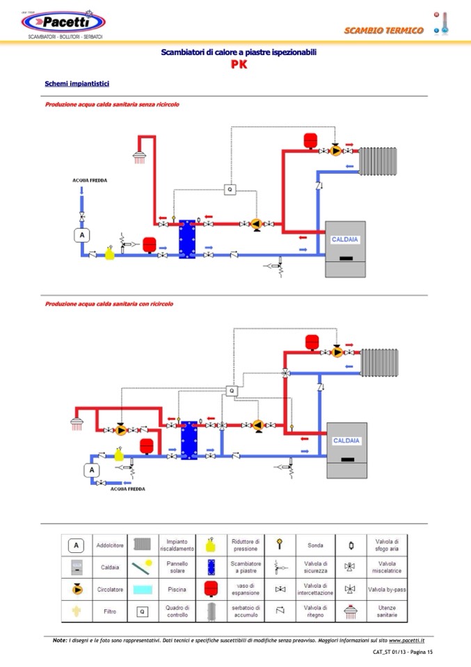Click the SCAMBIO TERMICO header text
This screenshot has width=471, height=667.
point(383,30)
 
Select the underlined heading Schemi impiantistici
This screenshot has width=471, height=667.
point(77,83)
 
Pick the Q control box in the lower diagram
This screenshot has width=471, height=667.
point(232,390)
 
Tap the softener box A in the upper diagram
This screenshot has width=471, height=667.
point(82,235)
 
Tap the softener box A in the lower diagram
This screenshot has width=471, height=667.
point(92,470)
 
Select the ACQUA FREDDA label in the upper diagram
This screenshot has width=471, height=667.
point(90,180)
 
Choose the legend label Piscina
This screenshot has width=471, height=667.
point(177,589)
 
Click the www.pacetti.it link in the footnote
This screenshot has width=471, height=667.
point(407,640)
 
